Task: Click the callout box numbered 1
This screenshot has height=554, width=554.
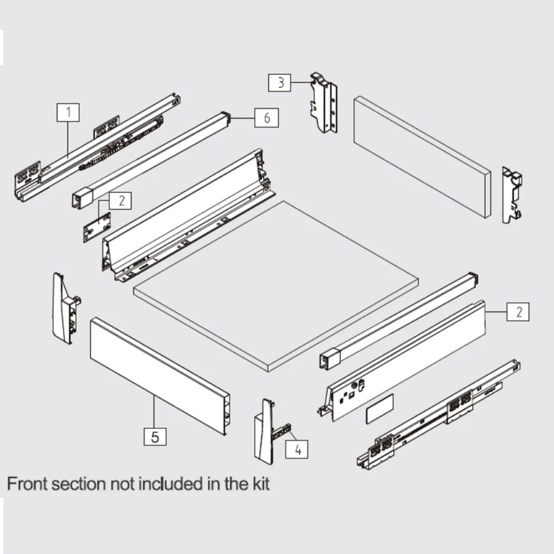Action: click(69, 113)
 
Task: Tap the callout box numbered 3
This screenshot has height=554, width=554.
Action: click(281, 83)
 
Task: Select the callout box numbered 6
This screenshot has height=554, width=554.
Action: click(267, 118)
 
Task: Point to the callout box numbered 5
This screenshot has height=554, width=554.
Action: click(155, 436)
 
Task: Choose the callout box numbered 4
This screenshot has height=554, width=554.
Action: click(297, 448)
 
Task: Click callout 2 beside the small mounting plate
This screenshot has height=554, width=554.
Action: click(120, 200)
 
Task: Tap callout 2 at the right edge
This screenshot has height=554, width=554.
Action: click(519, 311)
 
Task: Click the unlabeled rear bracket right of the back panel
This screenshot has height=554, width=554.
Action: click(512, 194)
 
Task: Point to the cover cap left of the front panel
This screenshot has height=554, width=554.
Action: click(64, 307)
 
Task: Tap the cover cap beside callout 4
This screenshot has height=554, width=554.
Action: click(265, 431)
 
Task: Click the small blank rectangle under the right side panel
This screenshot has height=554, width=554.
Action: click(379, 409)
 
